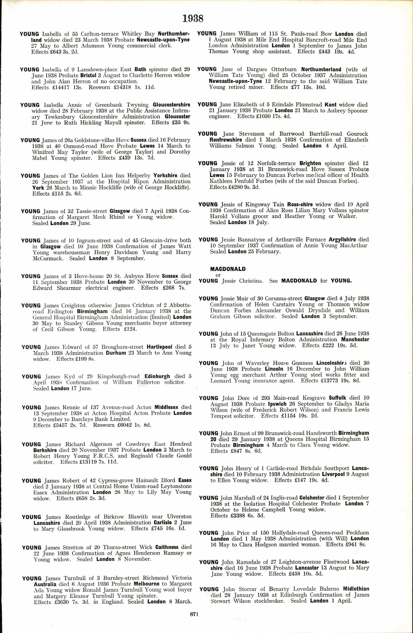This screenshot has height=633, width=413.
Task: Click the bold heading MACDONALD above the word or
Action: coord(228,269)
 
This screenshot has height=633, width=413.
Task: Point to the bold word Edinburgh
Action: coord(157,376)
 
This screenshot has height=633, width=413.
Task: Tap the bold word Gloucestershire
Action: coord(171,105)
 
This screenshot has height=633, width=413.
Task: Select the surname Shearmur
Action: coord(69,288)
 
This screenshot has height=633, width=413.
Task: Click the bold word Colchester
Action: coord(312,498)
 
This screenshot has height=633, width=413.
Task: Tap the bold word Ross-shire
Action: coord(300,205)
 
